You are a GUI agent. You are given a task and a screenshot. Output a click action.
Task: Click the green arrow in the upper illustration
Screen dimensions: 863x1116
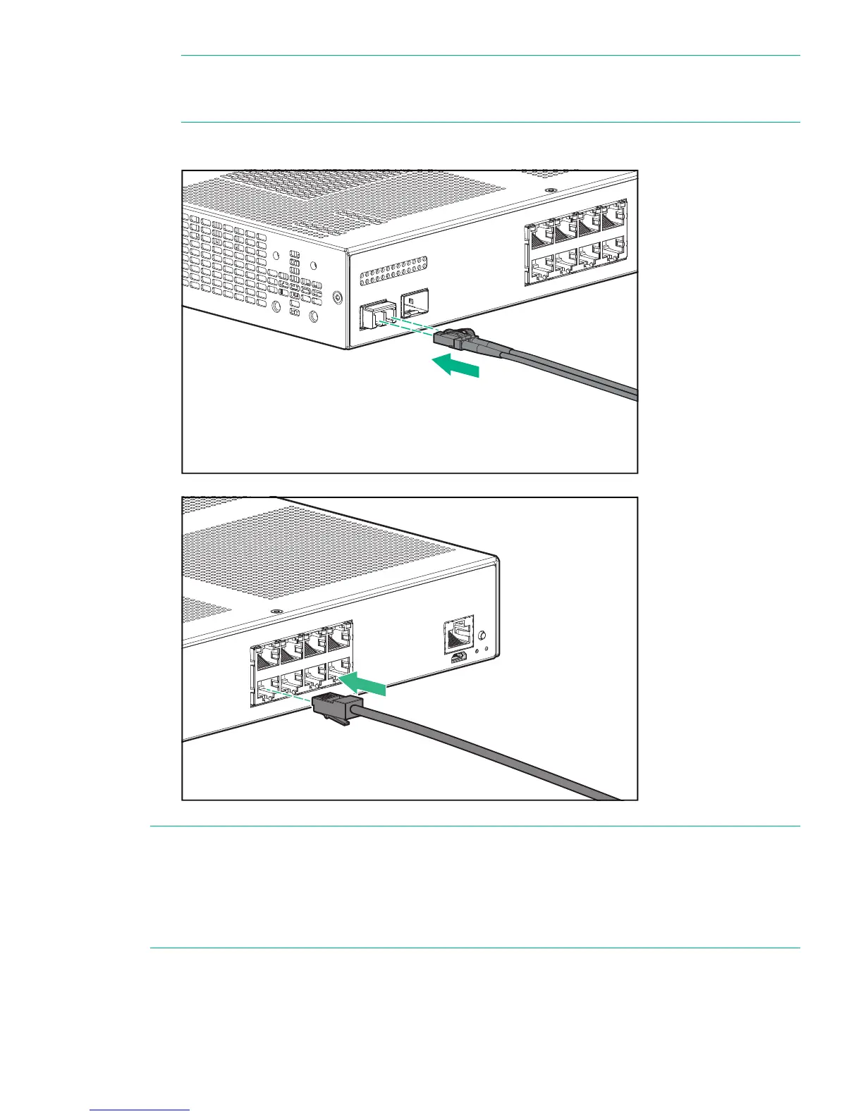(x=455, y=366)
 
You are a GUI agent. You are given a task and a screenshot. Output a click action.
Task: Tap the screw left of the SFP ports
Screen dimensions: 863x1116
(x=338, y=299)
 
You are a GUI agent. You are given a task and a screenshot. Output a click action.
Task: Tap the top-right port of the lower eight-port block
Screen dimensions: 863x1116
(x=340, y=637)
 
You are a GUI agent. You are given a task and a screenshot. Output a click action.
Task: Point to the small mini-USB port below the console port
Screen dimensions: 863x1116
(x=458, y=657)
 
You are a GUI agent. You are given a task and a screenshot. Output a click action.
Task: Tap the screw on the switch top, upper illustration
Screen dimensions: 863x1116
(x=550, y=190)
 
